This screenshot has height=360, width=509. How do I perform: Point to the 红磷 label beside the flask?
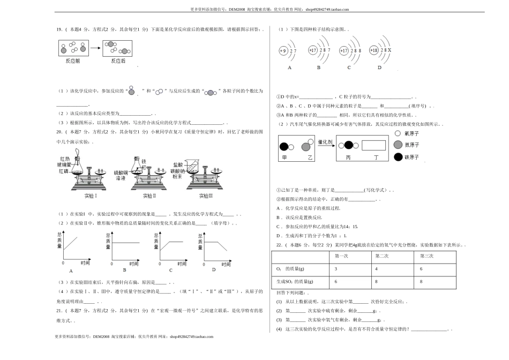[64, 171]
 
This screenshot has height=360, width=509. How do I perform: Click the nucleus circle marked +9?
[283, 51]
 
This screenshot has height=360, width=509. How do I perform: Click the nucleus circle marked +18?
[373, 50]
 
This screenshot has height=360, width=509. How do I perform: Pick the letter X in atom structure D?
[389, 50]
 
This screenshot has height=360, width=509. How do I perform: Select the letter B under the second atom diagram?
[318, 67]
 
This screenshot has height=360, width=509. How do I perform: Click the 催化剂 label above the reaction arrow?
[325, 142]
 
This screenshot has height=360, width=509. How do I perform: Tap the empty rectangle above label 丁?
[374, 145]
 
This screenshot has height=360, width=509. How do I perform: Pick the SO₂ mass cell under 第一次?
[335, 281]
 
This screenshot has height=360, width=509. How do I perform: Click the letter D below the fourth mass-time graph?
[213, 269]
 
